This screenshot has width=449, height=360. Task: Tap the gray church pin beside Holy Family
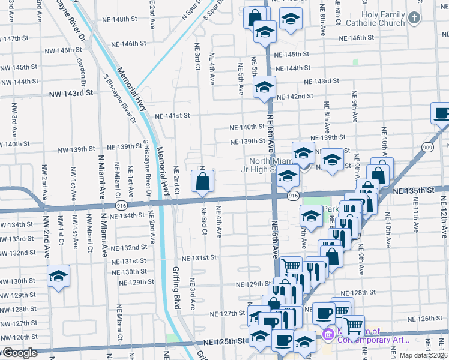point(414,17)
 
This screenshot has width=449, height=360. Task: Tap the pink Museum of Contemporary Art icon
point(328,334)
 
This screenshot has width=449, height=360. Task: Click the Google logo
point(19,353)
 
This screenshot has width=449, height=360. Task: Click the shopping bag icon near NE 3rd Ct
point(203,181)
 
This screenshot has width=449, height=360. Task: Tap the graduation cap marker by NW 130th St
point(58,277)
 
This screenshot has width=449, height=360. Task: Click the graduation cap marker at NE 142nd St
point(264,88)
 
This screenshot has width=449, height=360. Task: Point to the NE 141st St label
point(172,116)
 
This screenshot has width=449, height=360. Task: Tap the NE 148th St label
point(120,19)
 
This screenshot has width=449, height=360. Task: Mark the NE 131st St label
point(199,257)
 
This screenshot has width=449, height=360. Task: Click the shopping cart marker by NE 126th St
point(353,326)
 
